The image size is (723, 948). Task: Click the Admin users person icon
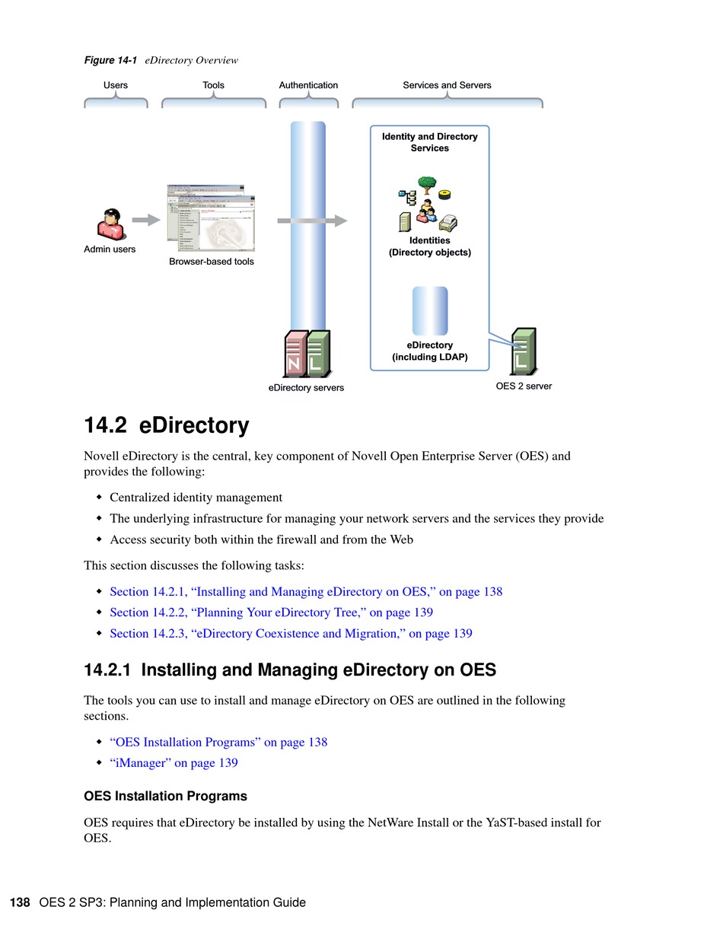click(x=111, y=224)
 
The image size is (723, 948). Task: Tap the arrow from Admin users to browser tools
click(x=145, y=221)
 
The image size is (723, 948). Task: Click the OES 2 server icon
click(x=524, y=351)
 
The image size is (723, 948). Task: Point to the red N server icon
click(x=295, y=354)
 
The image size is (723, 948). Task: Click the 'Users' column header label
click(x=116, y=85)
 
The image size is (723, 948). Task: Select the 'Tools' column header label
click(x=213, y=85)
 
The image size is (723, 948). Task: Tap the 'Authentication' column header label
click(x=308, y=85)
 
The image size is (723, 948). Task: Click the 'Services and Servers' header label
click(x=447, y=85)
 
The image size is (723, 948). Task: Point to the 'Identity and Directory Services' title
click(x=430, y=142)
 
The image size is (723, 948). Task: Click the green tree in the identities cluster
click(x=427, y=184)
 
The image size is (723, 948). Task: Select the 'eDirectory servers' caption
click(x=306, y=388)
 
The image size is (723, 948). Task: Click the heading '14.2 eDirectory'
click(x=167, y=425)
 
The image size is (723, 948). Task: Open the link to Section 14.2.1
click(x=306, y=592)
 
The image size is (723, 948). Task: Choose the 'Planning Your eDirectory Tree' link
click(x=271, y=612)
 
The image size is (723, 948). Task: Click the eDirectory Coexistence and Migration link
click(x=291, y=634)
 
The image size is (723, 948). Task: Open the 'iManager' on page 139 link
click(x=174, y=763)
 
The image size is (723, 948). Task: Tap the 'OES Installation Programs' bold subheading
click(x=165, y=797)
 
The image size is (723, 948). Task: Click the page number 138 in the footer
click(x=20, y=903)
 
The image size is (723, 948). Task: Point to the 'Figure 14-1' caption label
click(x=110, y=60)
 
